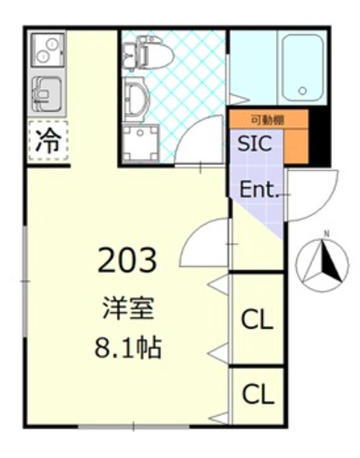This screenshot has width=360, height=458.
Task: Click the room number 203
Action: (128, 260)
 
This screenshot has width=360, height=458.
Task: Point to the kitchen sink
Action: (48, 92)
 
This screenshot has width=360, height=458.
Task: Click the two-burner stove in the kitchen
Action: (48, 49)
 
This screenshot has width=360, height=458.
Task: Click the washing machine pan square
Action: (140, 143)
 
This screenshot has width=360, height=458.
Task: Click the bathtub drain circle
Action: (302, 90)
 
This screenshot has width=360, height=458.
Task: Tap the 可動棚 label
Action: (268, 120)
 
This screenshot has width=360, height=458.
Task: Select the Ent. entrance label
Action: (259, 190)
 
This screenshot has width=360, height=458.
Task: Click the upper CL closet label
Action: (256, 321)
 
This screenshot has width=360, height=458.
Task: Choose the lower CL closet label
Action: (256, 394)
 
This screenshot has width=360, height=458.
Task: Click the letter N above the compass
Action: (327, 234)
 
